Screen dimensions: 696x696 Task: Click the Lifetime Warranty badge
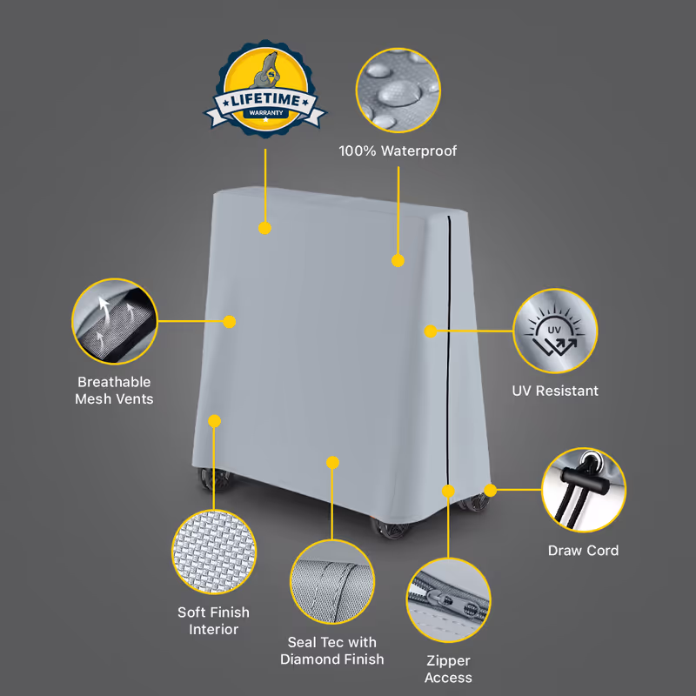(x=265, y=89)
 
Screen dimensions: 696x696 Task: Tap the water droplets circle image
(x=398, y=90)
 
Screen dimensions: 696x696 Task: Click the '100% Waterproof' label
(x=398, y=151)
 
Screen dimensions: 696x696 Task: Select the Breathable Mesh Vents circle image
(x=115, y=321)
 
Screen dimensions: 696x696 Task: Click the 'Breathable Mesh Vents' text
(x=114, y=390)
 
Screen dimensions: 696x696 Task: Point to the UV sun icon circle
(x=555, y=331)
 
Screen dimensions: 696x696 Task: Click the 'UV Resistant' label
(x=555, y=391)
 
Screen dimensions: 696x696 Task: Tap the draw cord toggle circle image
(x=584, y=490)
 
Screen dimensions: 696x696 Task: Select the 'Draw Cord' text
(x=583, y=551)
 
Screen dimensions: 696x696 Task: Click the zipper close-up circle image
(x=448, y=600)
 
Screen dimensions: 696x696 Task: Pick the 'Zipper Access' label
(x=448, y=669)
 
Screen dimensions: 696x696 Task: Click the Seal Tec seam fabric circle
(x=332, y=582)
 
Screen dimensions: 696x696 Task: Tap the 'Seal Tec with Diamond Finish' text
(x=332, y=651)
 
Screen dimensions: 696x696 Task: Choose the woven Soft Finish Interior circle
(x=214, y=552)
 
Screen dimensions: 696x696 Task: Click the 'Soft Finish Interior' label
(x=213, y=620)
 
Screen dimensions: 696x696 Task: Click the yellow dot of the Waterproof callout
(x=398, y=260)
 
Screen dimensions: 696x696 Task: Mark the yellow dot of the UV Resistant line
(x=431, y=331)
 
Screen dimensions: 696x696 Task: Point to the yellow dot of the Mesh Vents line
(x=230, y=322)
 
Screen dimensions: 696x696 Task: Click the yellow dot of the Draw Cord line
(x=490, y=491)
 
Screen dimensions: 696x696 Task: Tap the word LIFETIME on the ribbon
(x=265, y=100)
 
